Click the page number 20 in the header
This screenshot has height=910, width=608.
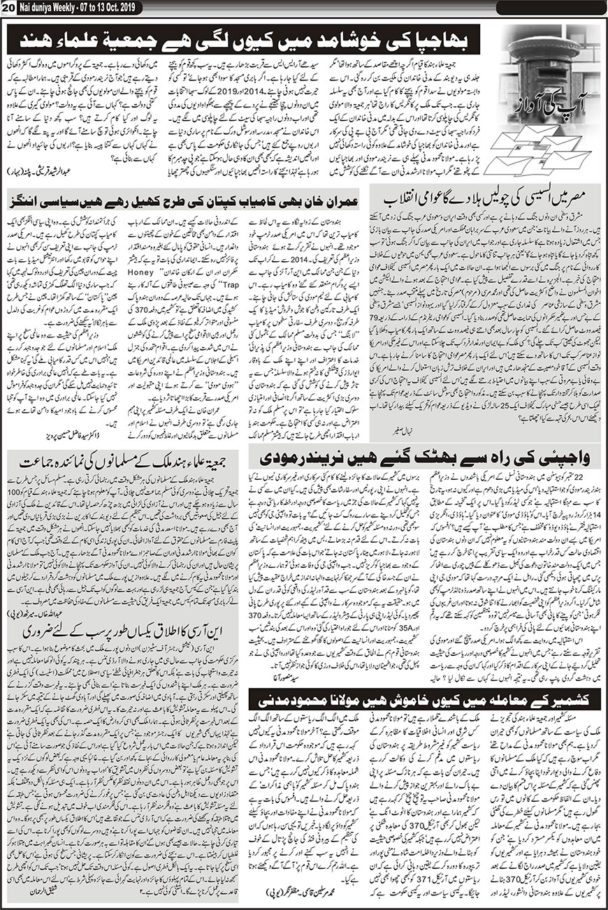tap(7, 6)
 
